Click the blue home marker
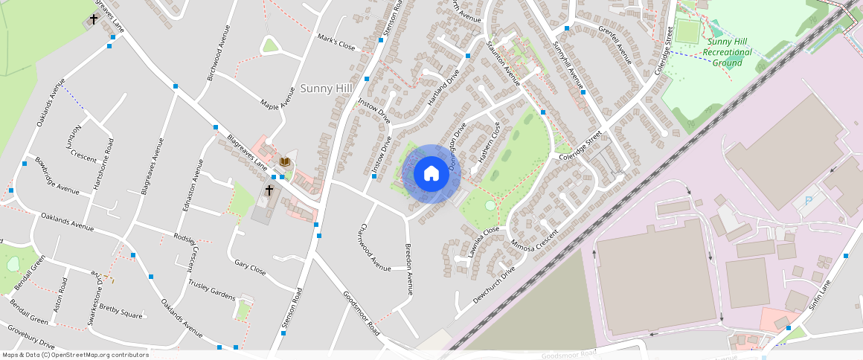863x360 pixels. click(x=431, y=174)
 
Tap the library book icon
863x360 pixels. click(x=284, y=161)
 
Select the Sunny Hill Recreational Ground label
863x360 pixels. click(x=727, y=52)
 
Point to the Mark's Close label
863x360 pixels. click(x=336, y=41)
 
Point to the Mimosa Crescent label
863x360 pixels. click(x=534, y=245)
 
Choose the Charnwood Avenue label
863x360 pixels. click(x=374, y=247)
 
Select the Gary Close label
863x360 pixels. click(x=249, y=267)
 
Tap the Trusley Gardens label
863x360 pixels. click(x=211, y=288)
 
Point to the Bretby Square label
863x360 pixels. click(x=120, y=312)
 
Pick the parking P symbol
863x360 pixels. click(x=809, y=201)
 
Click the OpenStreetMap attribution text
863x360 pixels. click(x=76, y=355)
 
